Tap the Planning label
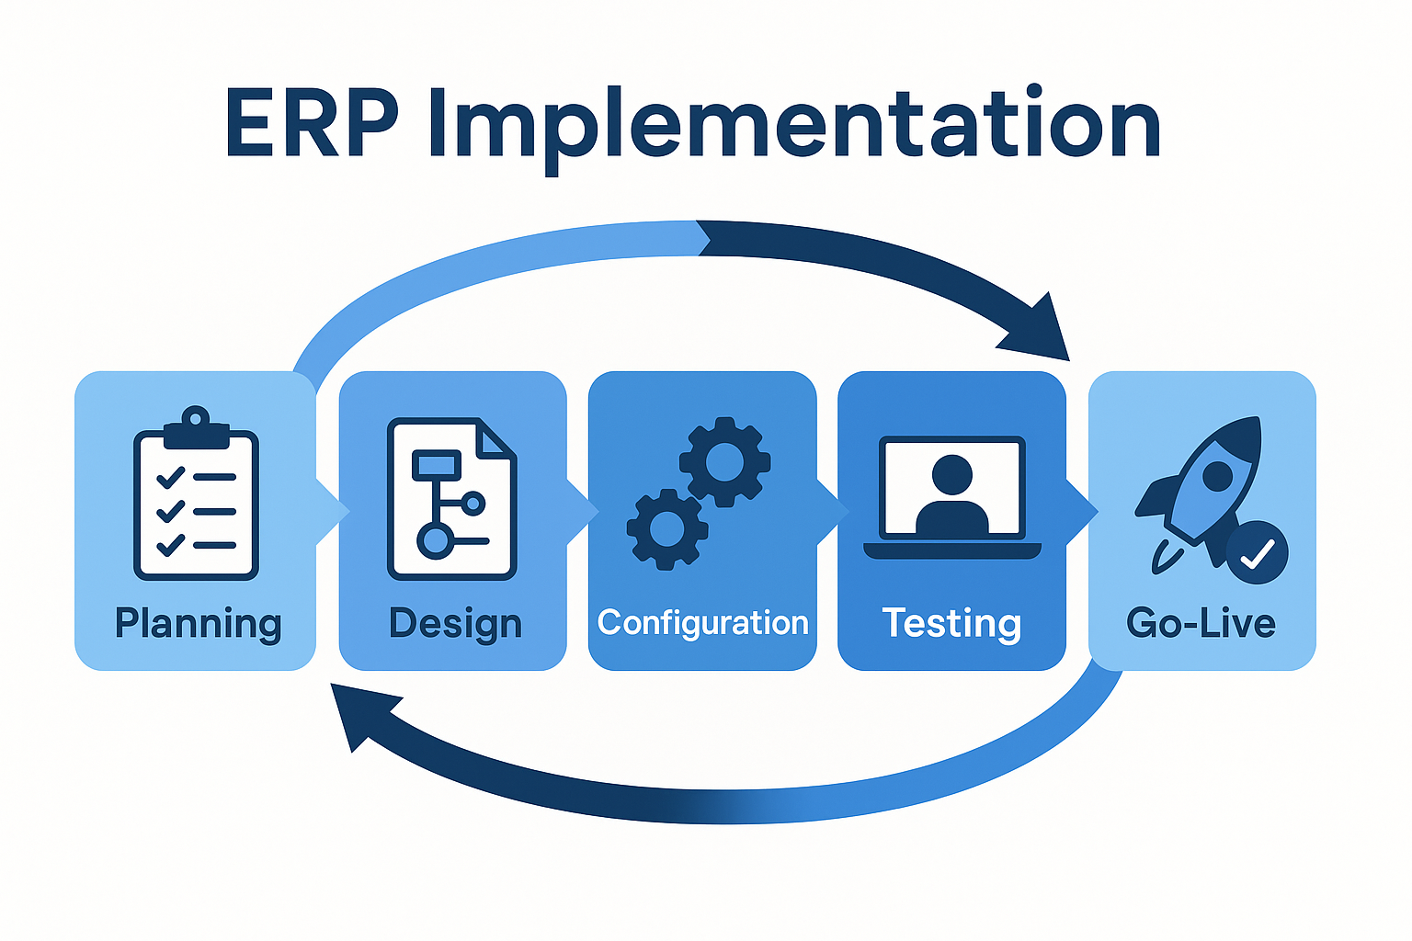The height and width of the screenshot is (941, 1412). [199, 624]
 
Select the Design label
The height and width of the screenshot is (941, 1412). [455, 624]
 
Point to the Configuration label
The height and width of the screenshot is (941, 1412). [703, 623]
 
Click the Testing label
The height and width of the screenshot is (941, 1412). [951, 623]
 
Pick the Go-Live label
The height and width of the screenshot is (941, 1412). [1201, 624]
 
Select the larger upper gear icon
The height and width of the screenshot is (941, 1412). [724, 461]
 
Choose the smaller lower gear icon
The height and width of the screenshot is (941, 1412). [667, 529]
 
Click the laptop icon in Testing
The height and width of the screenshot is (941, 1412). [951, 497]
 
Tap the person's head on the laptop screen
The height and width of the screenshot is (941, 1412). [951, 475]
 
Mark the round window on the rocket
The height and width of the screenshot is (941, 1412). [1218, 476]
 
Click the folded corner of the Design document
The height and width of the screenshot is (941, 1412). [495, 439]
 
